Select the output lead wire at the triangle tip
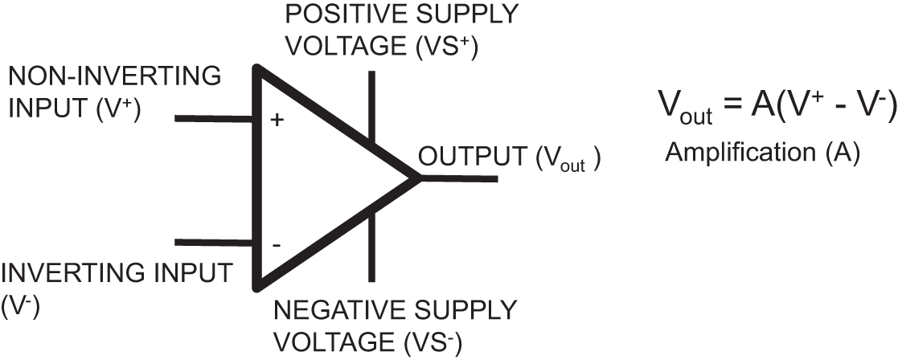pyautogui.click(x=461, y=178)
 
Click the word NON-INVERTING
pyautogui.click(x=113, y=77)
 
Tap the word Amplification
pyautogui.click(x=740, y=153)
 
